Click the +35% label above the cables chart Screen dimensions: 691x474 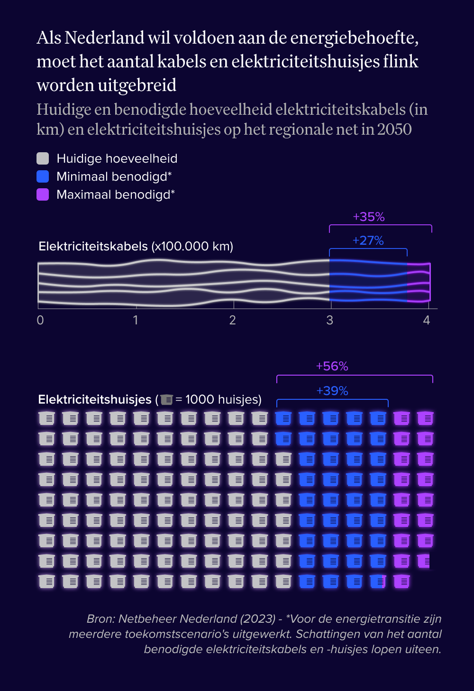pos(368,217)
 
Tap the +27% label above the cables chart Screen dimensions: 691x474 pos(368,240)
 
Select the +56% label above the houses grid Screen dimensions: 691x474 pos(332,366)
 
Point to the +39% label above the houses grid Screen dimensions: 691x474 pos(332,391)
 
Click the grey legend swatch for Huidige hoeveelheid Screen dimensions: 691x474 pos(43,158)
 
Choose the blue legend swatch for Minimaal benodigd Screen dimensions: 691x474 pos(43,176)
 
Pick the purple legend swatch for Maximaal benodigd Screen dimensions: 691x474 pos(43,194)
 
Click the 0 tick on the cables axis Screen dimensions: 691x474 pos(40,320)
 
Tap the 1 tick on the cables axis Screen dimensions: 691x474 pos(136,320)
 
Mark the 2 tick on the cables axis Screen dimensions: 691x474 pos(232,320)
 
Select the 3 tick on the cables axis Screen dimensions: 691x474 pos(330,320)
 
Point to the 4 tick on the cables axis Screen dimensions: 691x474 pos(427,320)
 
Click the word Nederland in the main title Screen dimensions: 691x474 pos(104,37)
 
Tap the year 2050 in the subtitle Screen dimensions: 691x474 pos(394,129)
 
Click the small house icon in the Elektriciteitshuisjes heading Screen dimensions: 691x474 pos(166,400)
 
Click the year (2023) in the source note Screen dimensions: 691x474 pos(258,619)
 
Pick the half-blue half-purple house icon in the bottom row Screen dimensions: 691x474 pos(378,581)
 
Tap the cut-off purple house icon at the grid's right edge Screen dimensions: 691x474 pos(424,561)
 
